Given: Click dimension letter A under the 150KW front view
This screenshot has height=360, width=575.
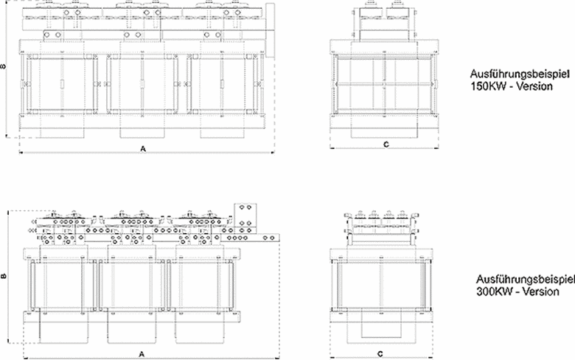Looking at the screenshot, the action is pyautogui.click(x=143, y=148).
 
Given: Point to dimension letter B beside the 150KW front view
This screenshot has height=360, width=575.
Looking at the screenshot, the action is pyautogui.click(x=3, y=66).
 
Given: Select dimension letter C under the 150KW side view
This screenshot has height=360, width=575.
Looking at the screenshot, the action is pyautogui.click(x=386, y=145).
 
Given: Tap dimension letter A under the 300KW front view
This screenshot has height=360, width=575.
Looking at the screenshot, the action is pyautogui.click(x=142, y=354).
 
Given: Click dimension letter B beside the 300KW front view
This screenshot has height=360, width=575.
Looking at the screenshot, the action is pyautogui.click(x=4, y=276).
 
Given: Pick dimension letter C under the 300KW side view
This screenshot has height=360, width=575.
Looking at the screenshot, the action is pyautogui.click(x=380, y=354).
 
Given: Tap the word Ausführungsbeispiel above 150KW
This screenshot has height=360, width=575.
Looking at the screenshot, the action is pyautogui.click(x=520, y=74).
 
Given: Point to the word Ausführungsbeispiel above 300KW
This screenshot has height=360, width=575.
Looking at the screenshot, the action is pyautogui.click(x=526, y=280).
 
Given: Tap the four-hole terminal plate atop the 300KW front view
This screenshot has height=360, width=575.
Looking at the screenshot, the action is pyautogui.click(x=245, y=215).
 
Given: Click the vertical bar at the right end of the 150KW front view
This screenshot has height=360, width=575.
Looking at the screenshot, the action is pyautogui.click(x=271, y=30).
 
